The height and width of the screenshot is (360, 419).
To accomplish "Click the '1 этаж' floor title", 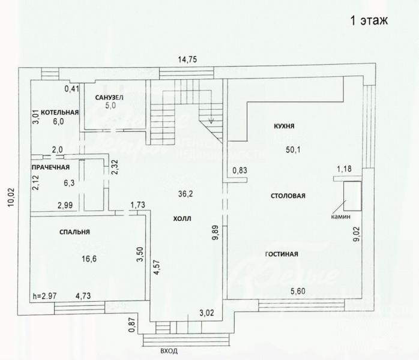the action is point(369,20).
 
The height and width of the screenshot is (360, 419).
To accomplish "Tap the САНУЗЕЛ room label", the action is point(109,97).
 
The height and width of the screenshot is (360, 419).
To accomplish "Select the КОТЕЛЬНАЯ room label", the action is point(60,112).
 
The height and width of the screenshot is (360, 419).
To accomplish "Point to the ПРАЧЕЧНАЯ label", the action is point(50,167).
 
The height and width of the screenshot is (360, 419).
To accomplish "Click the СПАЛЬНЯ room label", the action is point(74,232).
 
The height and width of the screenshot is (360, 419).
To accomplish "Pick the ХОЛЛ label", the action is point(182,219).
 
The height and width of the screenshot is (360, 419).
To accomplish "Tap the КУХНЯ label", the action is point(284,126).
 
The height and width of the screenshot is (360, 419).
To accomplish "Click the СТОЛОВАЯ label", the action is point(288,196).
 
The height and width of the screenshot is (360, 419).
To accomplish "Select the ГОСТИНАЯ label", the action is point(282,254).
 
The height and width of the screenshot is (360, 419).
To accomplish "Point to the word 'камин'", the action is point(341,217).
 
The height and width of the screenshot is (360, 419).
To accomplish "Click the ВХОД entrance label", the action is point(169,351).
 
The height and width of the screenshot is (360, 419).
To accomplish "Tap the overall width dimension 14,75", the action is point(187,59).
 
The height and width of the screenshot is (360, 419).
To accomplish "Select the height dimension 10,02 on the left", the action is point(11,197).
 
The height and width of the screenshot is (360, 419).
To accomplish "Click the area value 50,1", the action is point(293,149).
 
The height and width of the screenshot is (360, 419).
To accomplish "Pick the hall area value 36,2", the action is point(185,194).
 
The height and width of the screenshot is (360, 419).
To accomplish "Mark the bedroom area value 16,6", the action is point(89,259).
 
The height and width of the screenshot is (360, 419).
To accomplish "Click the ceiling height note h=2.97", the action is point(44,296).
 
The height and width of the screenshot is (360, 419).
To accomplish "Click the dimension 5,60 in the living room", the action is point(298,291).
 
